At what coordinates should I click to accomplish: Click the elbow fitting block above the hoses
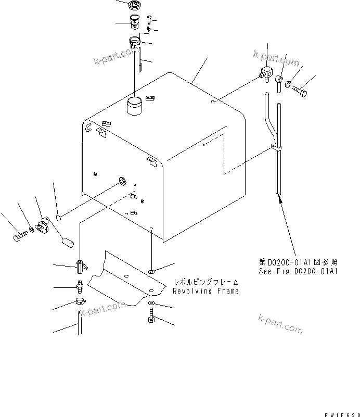(x=267, y=74)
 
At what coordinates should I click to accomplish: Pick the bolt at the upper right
(x=301, y=92)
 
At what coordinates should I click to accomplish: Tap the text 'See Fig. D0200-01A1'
(x=299, y=271)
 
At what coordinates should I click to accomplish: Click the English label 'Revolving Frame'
(x=207, y=292)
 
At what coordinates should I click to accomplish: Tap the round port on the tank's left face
(x=122, y=181)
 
